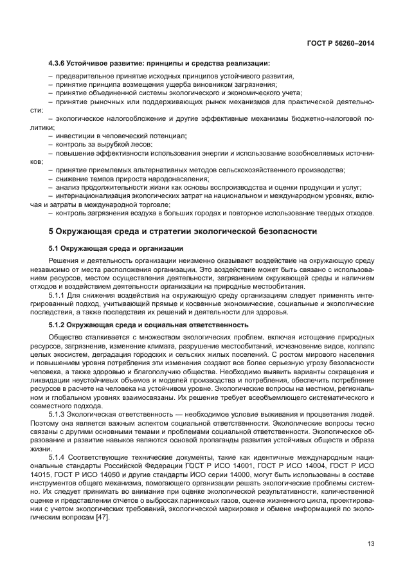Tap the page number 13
coord(370,544)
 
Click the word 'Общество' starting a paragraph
coord(64,337)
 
